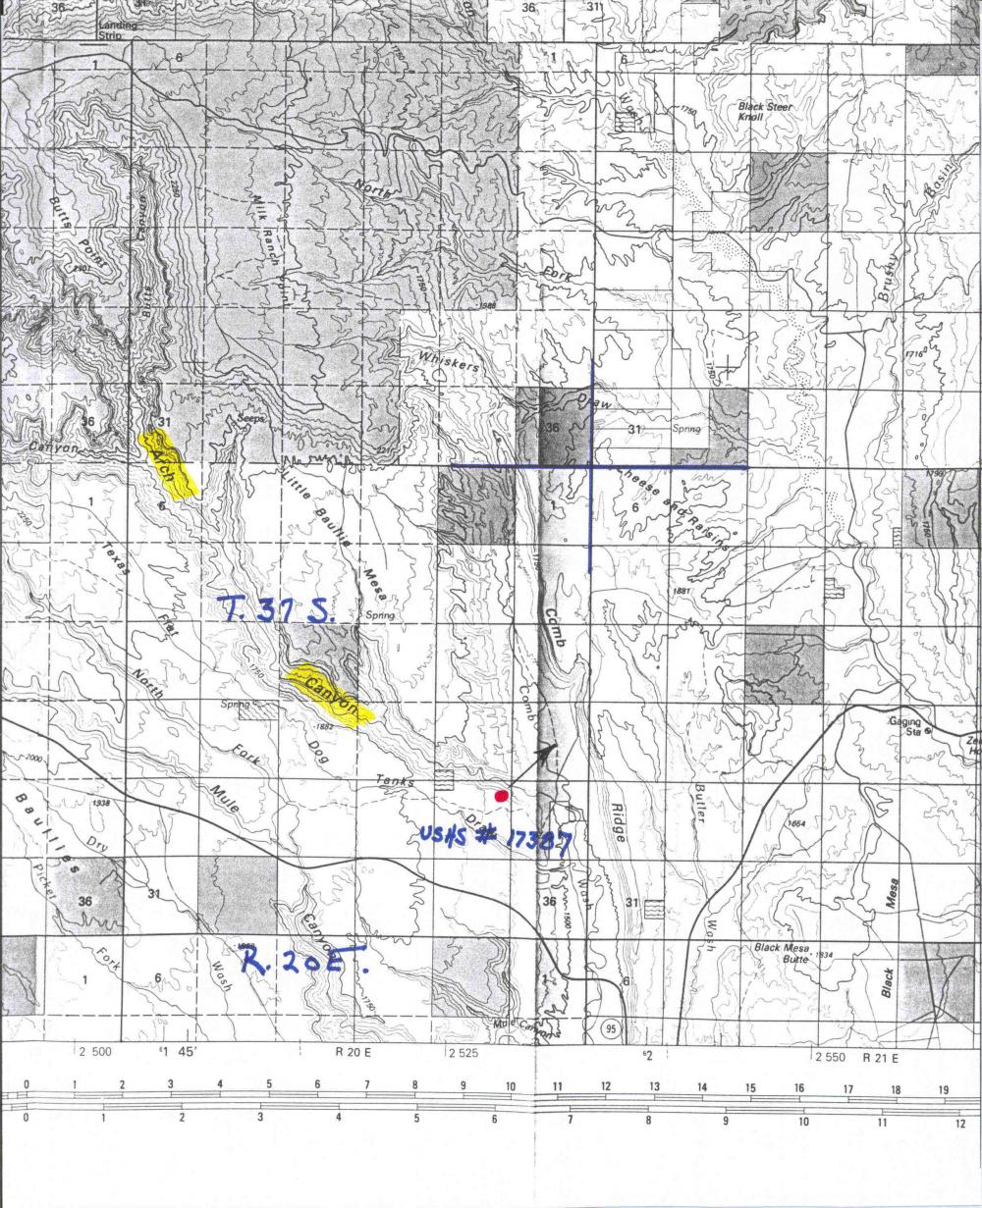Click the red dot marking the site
(x=501, y=796)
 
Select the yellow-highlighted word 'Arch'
(x=169, y=461)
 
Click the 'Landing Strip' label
(x=117, y=29)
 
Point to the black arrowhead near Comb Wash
(x=546, y=750)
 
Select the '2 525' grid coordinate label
(x=464, y=1054)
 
